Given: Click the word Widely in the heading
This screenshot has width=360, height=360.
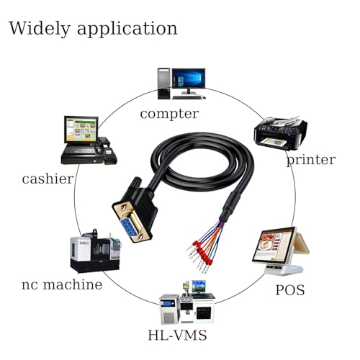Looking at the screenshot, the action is [40, 29].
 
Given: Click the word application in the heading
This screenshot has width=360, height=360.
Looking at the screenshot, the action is [127, 30].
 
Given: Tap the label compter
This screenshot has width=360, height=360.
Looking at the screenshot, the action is [169, 114].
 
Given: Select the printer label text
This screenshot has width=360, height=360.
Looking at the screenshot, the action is [311, 161].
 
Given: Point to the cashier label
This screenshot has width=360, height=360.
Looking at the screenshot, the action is [48, 179].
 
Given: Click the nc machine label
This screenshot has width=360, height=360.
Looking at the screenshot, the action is [62, 284].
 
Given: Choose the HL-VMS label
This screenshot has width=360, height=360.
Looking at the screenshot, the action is [177, 335].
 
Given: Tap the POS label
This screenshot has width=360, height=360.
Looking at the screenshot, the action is [290, 290].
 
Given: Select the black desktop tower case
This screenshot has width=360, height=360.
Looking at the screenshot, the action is [164, 84].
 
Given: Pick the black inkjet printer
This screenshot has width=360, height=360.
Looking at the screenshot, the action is [280, 132].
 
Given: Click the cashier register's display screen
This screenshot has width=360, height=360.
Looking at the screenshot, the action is [81, 130].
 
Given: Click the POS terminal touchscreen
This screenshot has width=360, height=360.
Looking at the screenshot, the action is [275, 246].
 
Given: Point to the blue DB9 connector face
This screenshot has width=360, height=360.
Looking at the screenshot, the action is [131, 230].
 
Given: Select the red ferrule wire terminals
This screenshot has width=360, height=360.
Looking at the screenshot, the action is [202, 253].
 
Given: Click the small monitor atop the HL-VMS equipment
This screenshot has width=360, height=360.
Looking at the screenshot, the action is [199, 287].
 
